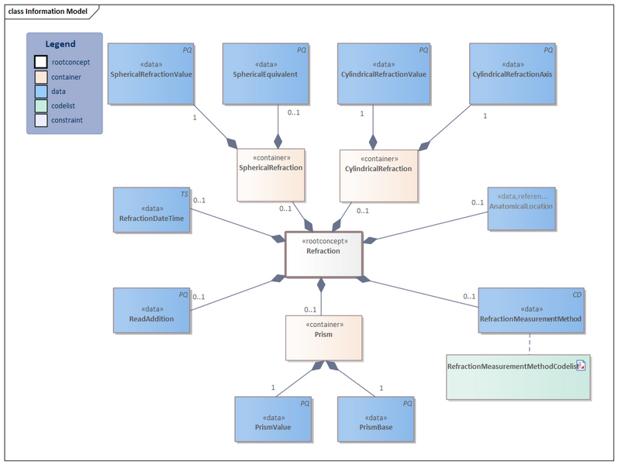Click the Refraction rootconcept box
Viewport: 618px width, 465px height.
(323, 253)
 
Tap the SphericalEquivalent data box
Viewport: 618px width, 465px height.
(265, 74)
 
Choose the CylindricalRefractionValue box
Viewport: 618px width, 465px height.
(384, 74)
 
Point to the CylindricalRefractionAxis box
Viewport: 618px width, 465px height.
(513, 74)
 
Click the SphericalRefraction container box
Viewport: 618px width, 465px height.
(270, 174)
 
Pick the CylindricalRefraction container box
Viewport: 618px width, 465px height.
(378, 174)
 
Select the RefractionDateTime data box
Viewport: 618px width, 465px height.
(152, 209)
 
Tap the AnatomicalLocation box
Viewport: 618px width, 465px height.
(521, 208)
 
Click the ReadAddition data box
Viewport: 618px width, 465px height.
(152, 311)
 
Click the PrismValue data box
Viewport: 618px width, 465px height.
(273, 419)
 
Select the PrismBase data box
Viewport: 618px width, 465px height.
(375, 419)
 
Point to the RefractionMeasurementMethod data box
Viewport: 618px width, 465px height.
(530, 311)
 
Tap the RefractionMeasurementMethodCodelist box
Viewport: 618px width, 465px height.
(512, 377)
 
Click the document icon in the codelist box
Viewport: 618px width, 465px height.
(581, 366)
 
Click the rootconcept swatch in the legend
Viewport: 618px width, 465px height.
(40, 62)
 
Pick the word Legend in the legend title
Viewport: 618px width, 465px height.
(60, 44)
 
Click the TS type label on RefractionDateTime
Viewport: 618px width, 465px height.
(185, 194)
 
